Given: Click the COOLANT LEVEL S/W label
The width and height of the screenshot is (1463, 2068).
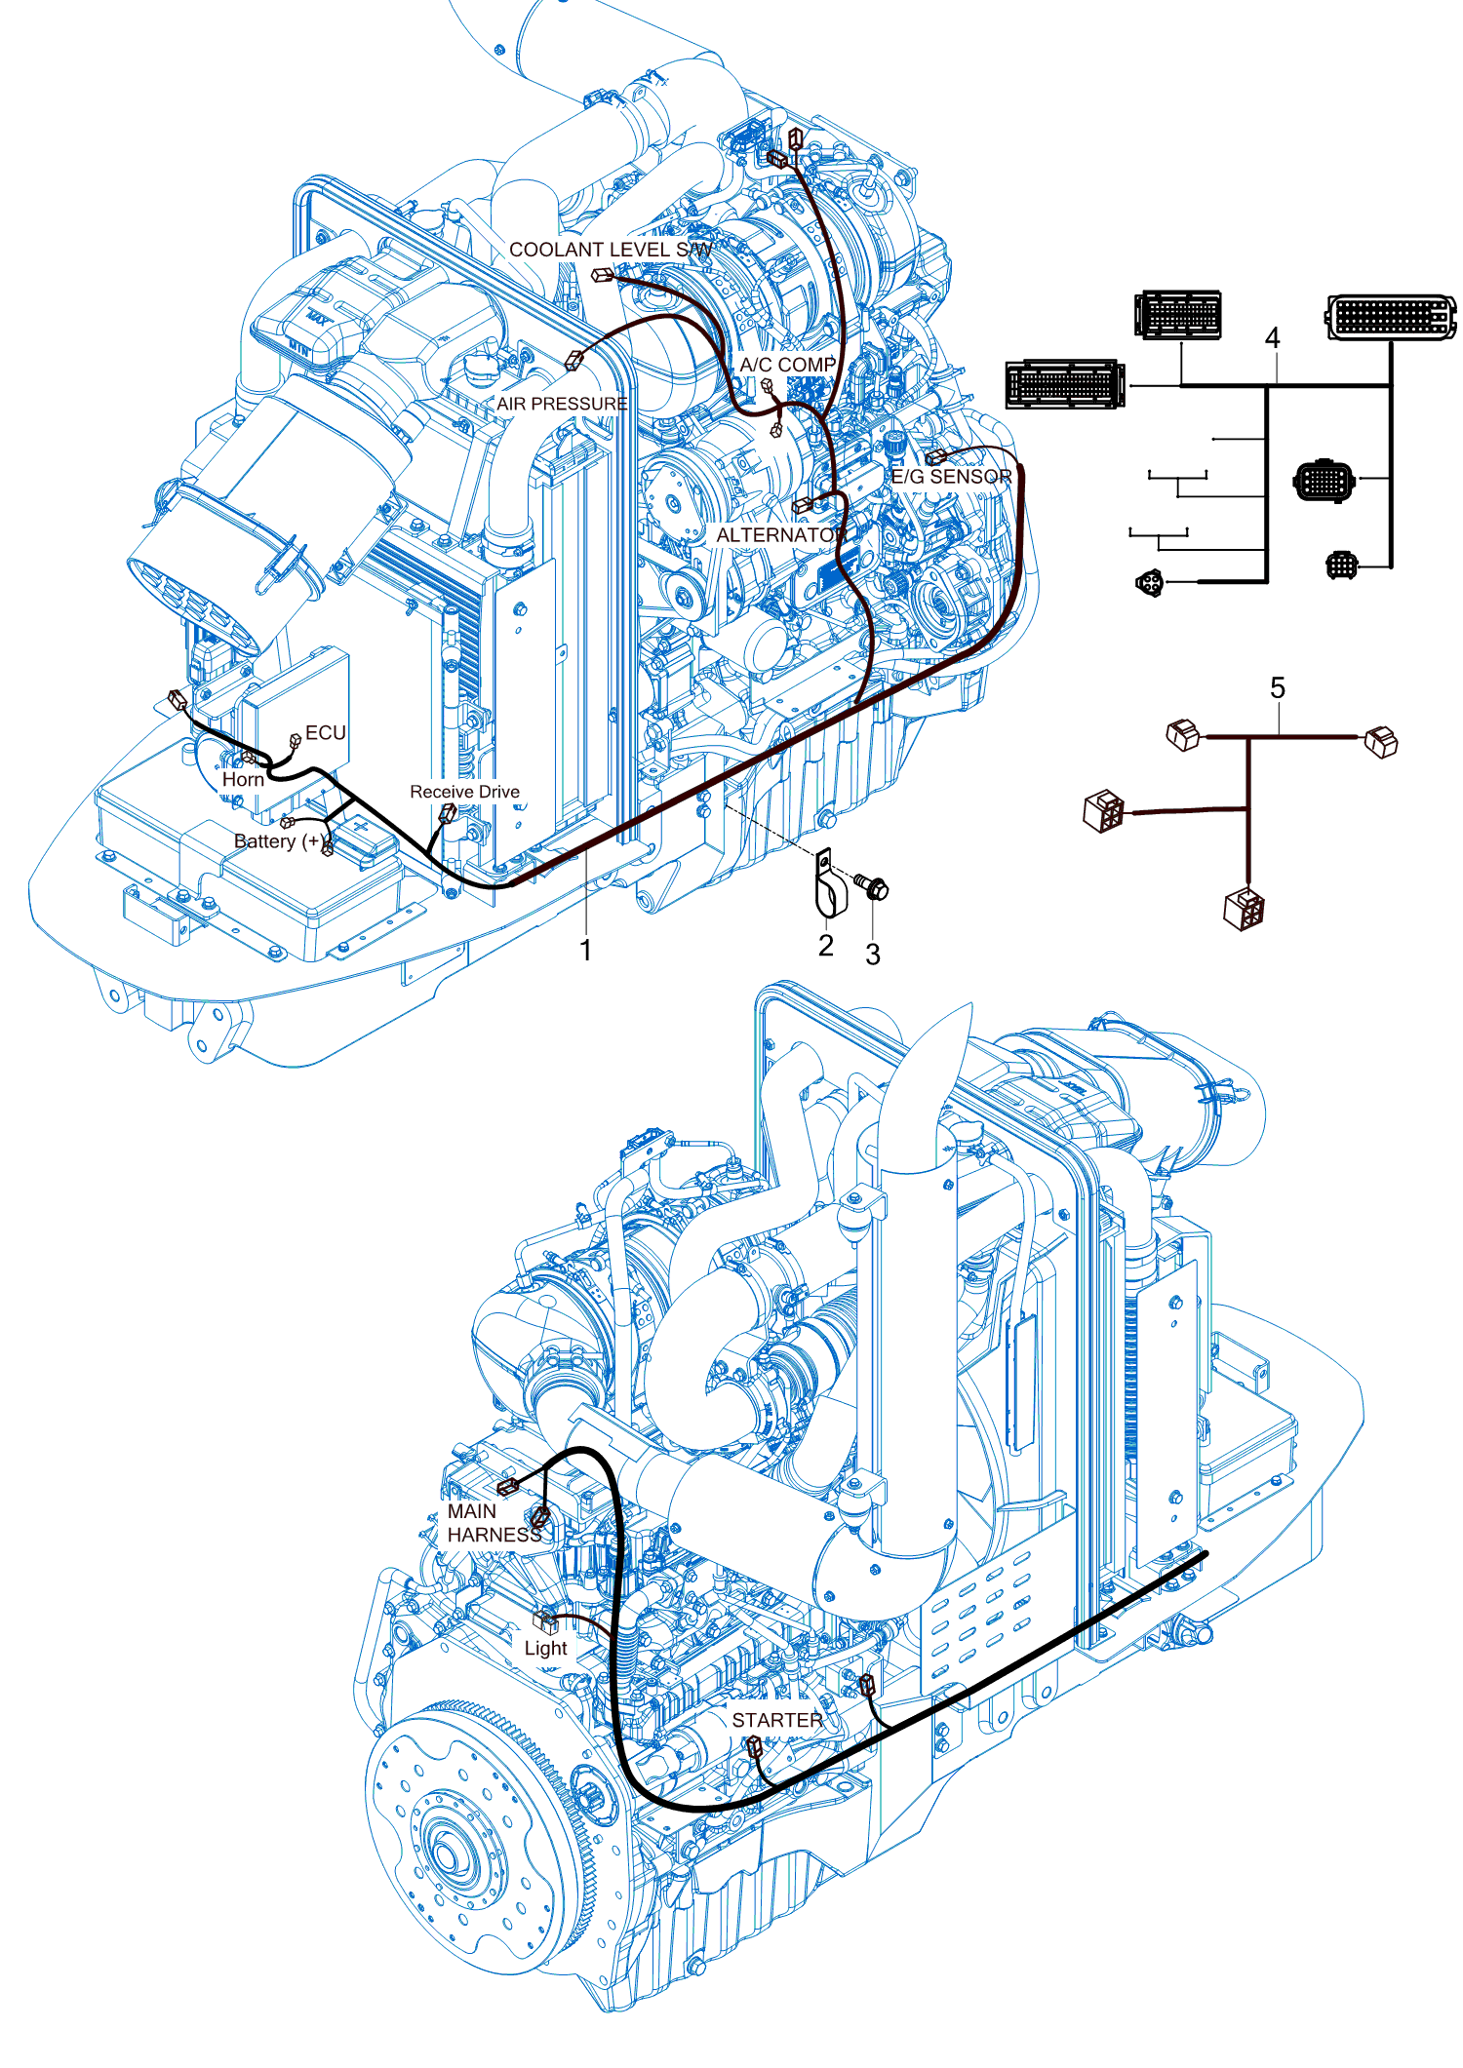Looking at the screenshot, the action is (x=611, y=250).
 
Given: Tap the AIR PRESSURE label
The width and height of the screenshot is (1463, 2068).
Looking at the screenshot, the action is (x=562, y=404).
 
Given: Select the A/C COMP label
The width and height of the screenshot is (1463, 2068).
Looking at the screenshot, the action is (x=787, y=365).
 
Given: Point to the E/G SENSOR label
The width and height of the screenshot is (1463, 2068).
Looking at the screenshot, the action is (x=951, y=477).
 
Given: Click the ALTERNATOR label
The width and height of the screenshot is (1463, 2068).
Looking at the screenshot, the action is (x=780, y=535).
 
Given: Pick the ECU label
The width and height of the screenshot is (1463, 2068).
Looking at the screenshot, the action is (x=326, y=732).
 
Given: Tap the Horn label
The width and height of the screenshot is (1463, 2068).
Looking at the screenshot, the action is (x=243, y=779).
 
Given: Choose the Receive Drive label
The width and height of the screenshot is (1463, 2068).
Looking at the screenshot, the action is (x=464, y=792).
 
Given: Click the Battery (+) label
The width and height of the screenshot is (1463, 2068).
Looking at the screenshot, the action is (x=278, y=841).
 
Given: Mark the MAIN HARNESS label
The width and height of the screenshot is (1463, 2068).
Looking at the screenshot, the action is (x=494, y=1523).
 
